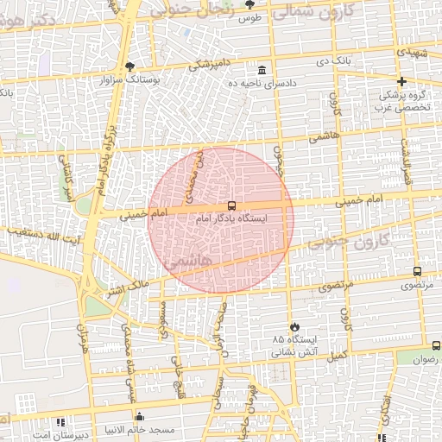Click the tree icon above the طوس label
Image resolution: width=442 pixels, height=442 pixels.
click(249, 4)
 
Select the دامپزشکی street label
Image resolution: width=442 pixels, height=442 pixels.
click(210, 64)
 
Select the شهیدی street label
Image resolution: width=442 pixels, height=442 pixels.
click(412, 53)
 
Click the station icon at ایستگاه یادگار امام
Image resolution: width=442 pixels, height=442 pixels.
click(230, 205)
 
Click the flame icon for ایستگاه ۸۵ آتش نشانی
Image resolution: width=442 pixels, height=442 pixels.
click(296, 326)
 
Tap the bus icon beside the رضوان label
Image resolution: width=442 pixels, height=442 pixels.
click(436, 345)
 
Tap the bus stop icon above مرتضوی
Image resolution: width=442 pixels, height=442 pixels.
click(418, 271)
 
